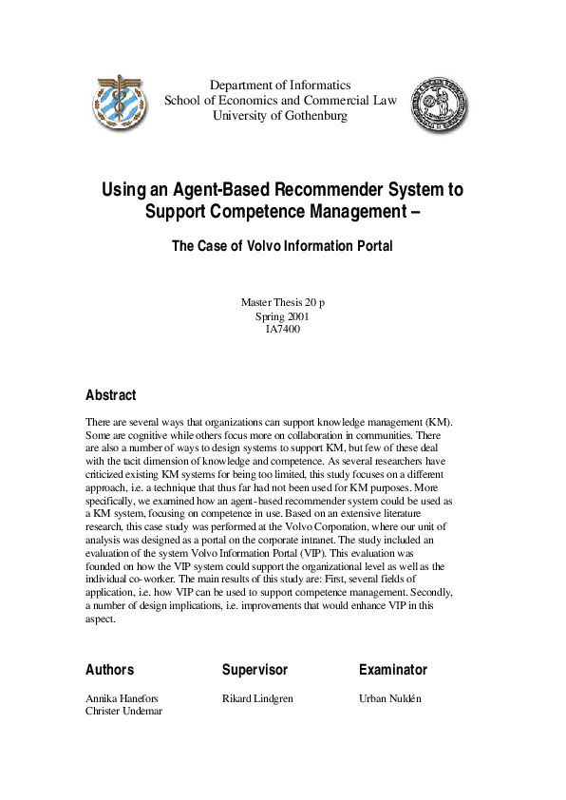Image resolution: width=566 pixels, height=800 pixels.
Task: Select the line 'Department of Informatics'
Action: [280, 85]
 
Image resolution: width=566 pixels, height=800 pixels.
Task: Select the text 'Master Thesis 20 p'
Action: [282, 302]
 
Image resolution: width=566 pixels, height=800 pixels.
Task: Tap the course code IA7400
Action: [282, 330]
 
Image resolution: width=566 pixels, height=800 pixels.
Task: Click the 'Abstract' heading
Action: [111, 395]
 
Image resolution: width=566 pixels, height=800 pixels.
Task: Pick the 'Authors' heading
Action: [110, 670]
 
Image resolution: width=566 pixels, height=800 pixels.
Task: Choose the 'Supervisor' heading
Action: [255, 670]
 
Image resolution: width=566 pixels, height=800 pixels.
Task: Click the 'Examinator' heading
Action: [393, 670]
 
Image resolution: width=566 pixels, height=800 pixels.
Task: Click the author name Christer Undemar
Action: [123, 712]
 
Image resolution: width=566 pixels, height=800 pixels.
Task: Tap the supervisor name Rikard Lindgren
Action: [257, 698]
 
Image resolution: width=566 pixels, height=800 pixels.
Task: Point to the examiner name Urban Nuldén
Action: [390, 698]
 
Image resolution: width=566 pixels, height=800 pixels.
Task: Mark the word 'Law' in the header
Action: [384, 101]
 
